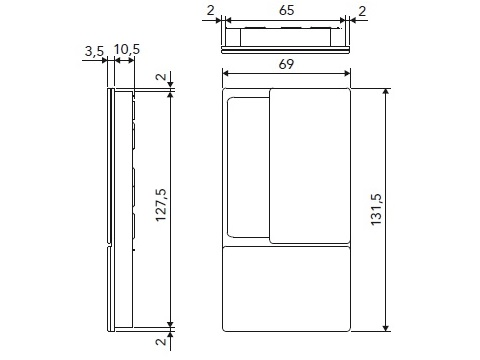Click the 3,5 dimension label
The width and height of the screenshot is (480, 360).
pos(94,51)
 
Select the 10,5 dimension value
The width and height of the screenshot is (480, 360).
pos(127,50)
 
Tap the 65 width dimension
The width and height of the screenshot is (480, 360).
pos(286,10)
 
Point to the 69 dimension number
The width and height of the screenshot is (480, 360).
pos(286,64)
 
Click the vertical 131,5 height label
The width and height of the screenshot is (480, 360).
pos(376,210)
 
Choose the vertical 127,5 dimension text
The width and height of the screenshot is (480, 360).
pos(161,205)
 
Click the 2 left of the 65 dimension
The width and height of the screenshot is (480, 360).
pos(210,11)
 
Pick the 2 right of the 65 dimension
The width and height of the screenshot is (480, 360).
pos(362,11)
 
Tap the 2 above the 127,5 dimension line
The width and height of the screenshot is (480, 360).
pos(161,77)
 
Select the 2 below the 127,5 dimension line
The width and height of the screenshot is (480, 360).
pos(161,342)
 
